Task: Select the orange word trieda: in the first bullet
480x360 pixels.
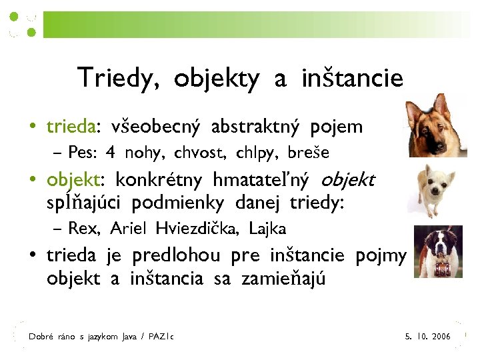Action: click(73, 126)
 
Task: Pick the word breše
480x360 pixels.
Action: click(308, 153)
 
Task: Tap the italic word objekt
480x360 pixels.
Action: click(348, 179)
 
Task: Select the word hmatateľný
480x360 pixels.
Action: click(261, 179)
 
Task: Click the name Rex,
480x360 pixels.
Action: click(85, 229)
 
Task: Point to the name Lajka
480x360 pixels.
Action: click(267, 229)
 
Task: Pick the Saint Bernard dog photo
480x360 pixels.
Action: click(437, 251)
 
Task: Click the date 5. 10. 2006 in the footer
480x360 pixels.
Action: click(427, 337)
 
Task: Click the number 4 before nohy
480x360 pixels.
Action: click(110, 153)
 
